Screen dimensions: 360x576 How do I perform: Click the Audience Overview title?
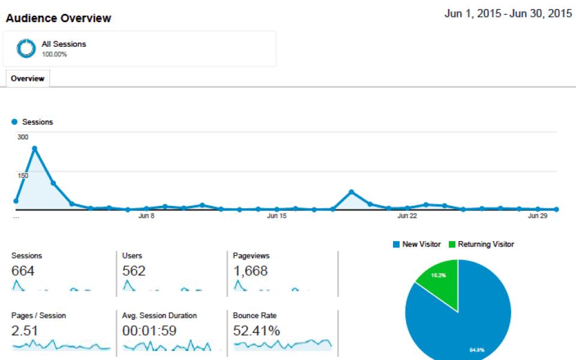(58, 18)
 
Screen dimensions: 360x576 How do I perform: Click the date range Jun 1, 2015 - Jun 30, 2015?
(508, 14)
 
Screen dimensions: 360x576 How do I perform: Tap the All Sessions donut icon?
(26, 49)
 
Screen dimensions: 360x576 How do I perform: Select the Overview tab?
(28, 79)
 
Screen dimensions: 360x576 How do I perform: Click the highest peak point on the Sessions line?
(35, 148)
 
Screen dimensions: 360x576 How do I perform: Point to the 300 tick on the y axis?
(23, 137)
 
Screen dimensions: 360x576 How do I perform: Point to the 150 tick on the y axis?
(23, 175)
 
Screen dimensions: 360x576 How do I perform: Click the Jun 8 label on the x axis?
(146, 216)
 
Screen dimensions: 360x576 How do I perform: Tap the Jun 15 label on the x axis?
(277, 216)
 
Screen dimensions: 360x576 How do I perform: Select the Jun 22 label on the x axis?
(407, 216)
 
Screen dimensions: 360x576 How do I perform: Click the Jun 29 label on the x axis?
(538, 216)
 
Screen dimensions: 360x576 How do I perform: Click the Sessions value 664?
(23, 271)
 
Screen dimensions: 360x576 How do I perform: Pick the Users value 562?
(134, 271)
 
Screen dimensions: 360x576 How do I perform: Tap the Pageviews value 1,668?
(250, 271)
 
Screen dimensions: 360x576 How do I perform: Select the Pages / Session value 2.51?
(25, 331)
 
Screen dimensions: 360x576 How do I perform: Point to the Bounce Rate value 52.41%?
(256, 331)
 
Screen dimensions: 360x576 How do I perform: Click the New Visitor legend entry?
(417, 244)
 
